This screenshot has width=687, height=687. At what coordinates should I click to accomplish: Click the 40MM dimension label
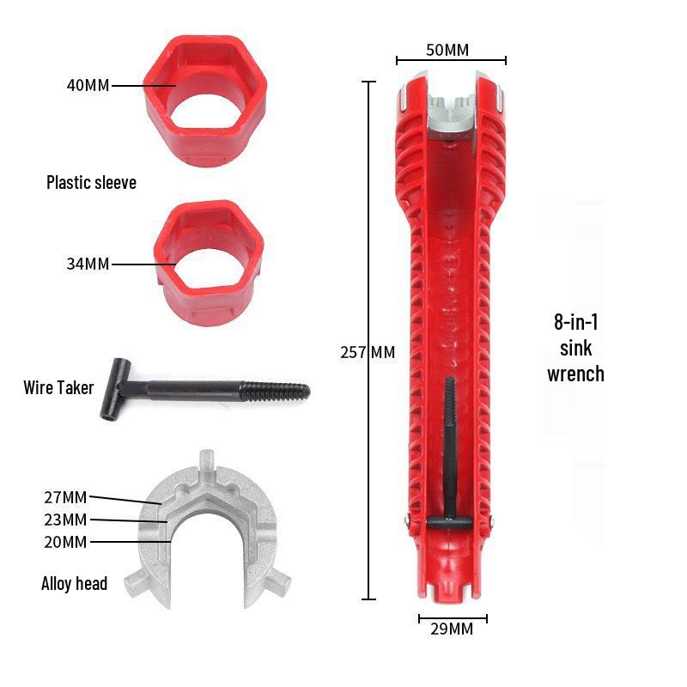click(88, 86)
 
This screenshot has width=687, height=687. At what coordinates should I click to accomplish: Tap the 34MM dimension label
click(88, 264)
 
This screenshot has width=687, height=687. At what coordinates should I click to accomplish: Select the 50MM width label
click(447, 50)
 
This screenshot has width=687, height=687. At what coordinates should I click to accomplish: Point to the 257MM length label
click(368, 352)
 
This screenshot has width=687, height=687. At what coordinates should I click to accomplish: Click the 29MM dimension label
click(452, 629)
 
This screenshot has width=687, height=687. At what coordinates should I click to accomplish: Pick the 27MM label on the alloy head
click(65, 497)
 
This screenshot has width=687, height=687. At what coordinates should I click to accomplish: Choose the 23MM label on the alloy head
click(65, 520)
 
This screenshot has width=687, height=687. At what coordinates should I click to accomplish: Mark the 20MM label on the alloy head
click(65, 542)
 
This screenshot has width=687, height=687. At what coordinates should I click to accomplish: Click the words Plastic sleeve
click(91, 183)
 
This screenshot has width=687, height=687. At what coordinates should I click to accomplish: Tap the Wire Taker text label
click(58, 388)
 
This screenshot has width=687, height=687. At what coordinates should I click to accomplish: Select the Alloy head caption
click(75, 584)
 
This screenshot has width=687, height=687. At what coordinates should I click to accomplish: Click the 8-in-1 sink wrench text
click(575, 349)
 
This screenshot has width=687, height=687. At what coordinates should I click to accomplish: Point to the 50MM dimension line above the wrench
click(451, 61)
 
